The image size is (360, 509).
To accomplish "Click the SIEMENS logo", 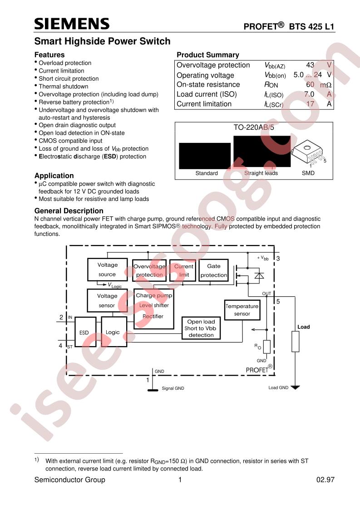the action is [72, 24].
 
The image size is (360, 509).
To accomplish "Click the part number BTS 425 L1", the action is [311, 27].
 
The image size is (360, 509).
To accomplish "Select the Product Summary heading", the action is [207, 55].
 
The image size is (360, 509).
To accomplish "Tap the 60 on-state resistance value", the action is [310, 85].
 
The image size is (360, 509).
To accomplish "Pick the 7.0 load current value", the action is [309, 94].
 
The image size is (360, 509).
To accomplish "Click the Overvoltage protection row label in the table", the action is [213, 65].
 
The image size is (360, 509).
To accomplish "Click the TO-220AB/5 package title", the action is [254, 127].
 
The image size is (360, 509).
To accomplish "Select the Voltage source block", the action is [107, 269].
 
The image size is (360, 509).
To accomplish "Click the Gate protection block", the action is [213, 270].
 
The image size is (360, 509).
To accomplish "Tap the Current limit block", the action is [183, 270].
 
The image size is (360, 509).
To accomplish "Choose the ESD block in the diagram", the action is [85, 332].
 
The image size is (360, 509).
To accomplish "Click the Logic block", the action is [113, 332].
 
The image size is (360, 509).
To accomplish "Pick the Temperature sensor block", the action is [242, 310].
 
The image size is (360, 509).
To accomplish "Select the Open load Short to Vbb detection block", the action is [201, 328].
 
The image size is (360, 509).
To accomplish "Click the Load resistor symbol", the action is [295, 342].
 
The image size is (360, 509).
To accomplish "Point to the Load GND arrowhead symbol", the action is [295, 387].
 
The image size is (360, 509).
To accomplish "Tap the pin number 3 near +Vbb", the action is [278, 259].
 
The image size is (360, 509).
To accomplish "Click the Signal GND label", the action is [173, 388].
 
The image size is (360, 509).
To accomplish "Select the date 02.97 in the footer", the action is [325, 480].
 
